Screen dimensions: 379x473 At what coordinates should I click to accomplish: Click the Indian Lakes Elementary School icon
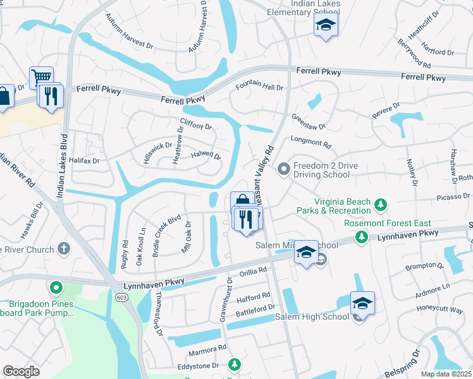326,25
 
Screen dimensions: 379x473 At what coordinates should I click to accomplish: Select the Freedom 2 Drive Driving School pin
284,168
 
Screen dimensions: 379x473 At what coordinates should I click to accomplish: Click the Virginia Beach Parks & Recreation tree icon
380,205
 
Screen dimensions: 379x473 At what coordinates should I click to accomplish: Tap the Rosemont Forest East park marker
361,237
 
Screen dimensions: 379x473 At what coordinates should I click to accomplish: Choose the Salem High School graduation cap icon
362,304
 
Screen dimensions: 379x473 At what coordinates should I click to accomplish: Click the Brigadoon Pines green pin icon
56,289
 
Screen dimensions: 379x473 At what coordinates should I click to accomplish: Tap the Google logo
21,371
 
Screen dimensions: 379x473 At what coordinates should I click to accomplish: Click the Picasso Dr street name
450,198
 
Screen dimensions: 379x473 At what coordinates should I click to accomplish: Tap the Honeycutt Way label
440,309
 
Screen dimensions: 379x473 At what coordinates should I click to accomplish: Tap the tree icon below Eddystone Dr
235,364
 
